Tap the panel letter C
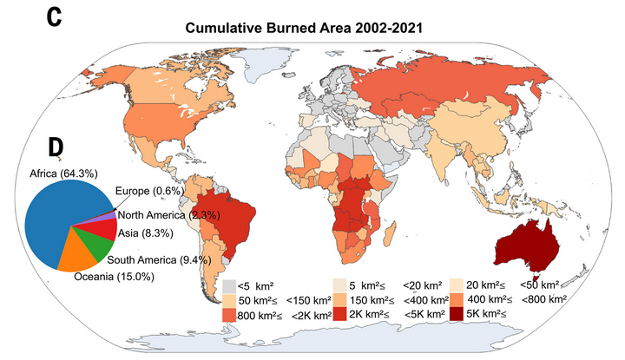click(55, 16)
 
